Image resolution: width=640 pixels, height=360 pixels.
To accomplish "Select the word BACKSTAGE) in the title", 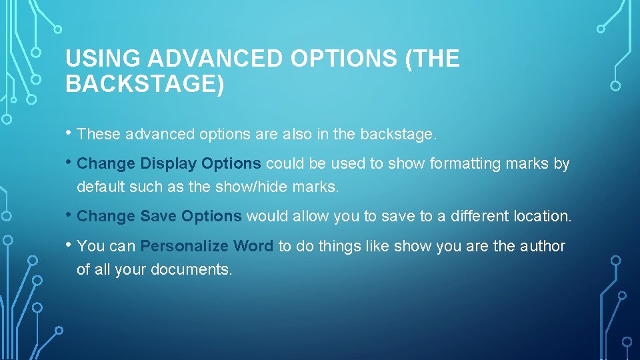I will [x=145, y=85].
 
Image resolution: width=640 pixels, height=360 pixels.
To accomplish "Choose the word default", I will [x=101, y=187].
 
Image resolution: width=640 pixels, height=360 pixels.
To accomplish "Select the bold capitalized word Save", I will [x=159, y=216].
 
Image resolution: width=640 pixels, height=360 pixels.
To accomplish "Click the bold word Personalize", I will [x=185, y=246].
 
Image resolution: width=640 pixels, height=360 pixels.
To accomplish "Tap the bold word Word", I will [x=253, y=246].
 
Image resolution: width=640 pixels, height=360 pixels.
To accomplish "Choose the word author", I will [x=541, y=246].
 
